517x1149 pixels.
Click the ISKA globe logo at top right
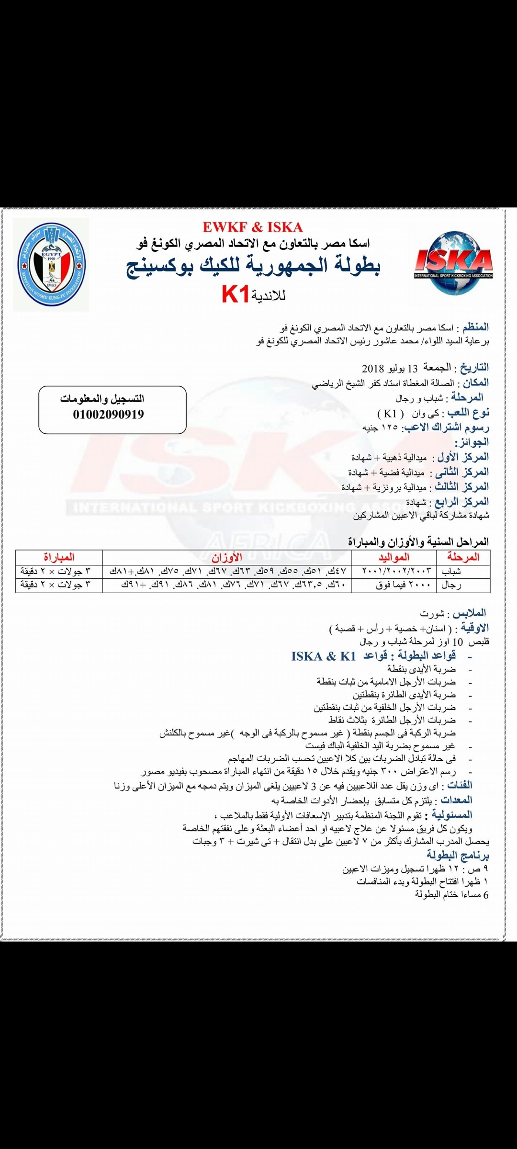pos(453,262)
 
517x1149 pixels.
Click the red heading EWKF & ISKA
pos(252,227)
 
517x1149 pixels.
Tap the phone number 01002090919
pos(109,414)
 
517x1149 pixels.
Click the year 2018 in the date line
pos(373,368)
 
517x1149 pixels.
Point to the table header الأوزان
pos(226,557)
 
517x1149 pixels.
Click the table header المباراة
pos(59,557)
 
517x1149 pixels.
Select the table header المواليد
pos(393,557)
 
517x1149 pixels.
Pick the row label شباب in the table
pos(452,571)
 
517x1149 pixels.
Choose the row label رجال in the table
pos(452,585)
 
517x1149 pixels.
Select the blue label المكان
pos(475,383)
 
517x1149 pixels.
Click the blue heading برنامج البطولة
pos(458,868)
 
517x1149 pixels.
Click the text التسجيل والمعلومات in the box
pos(102,399)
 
